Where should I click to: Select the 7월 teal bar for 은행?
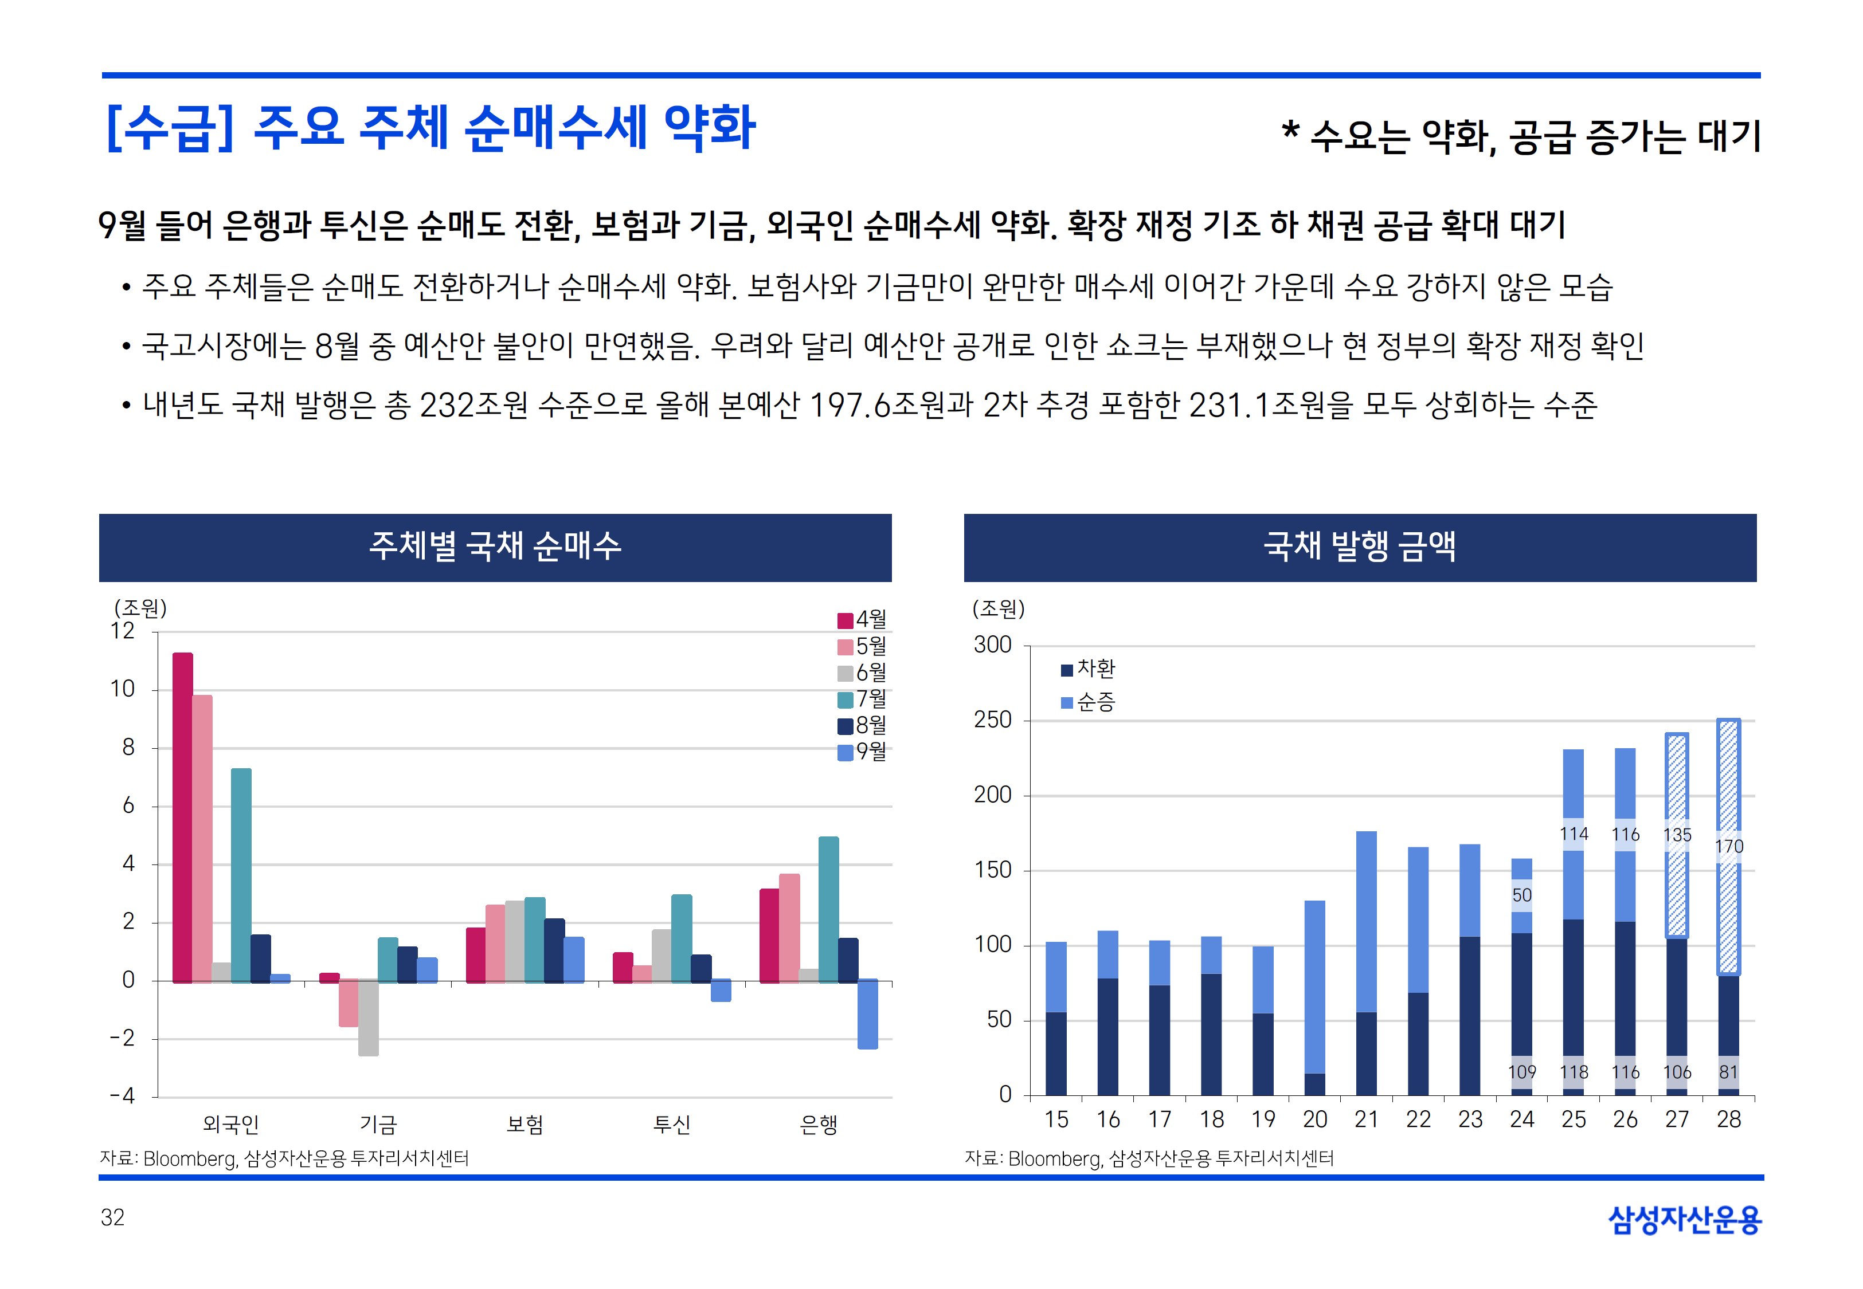[x=828, y=909]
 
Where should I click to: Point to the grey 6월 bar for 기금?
[x=369, y=1017]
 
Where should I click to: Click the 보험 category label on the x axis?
[x=525, y=1124]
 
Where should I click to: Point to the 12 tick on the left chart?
[x=123, y=631]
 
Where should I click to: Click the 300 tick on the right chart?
[x=992, y=645]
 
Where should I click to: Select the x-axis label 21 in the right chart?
[x=1366, y=1119]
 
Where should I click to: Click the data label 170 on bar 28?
[x=1728, y=846]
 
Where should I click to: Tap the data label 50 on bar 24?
[x=1521, y=895]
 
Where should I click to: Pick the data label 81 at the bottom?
[x=1728, y=1072]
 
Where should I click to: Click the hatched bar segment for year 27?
[x=1676, y=889]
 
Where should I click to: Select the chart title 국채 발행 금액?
[x=1360, y=547]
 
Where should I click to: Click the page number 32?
[x=112, y=1217]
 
